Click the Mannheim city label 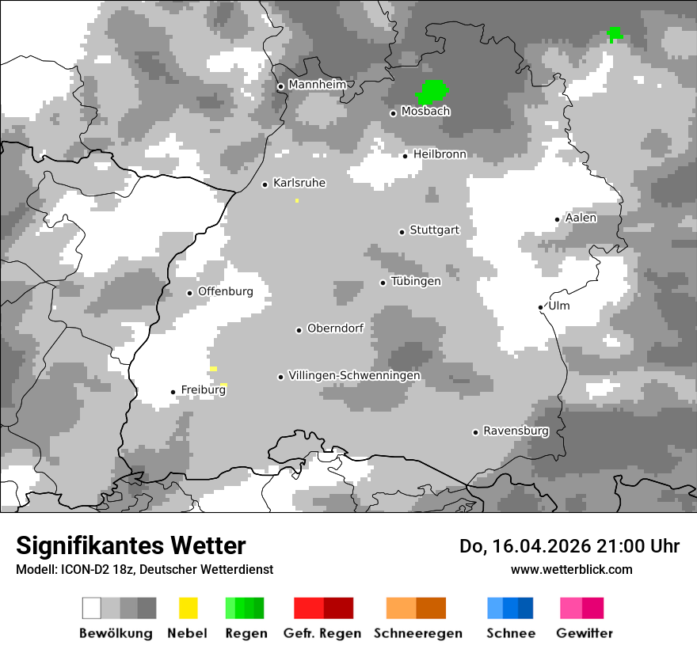[x=317, y=85]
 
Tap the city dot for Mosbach [x=393, y=113]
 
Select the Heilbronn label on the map [x=440, y=154]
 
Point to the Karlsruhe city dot [x=265, y=184]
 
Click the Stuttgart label [x=434, y=230]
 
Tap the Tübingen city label [x=416, y=282]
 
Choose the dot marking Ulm [x=540, y=307]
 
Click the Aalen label [x=581, y=218]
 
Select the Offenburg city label [x=225, y=291]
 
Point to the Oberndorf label [x=335, y=328]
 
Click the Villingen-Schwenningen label [x=354, y=375]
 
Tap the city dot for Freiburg [x=173, y=392]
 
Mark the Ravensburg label [x=516, y=431]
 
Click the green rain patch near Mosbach [x=432, y=92]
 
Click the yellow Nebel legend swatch [x=188, y=608]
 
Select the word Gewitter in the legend [x=585, y=633]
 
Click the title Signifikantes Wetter [x=131, y=546]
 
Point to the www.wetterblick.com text [x=571, y=569]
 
